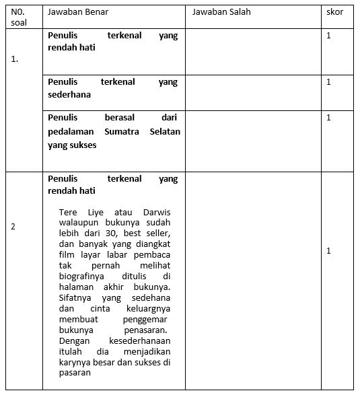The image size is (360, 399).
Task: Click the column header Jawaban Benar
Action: click(78, 12)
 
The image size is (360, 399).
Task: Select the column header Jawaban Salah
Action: click(221, 12)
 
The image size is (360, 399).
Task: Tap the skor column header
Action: click(334, 12)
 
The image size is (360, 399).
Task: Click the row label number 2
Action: click(13, 227)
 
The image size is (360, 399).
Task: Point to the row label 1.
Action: click(14, 59)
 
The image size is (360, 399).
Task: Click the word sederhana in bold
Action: click(69, 95)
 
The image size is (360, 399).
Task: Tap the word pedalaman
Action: click(72, 132)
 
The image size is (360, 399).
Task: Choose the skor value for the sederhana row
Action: click(328, 82)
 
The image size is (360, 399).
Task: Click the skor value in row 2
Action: click(328, 251)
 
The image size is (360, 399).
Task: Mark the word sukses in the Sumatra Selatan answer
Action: click(81, 145)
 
